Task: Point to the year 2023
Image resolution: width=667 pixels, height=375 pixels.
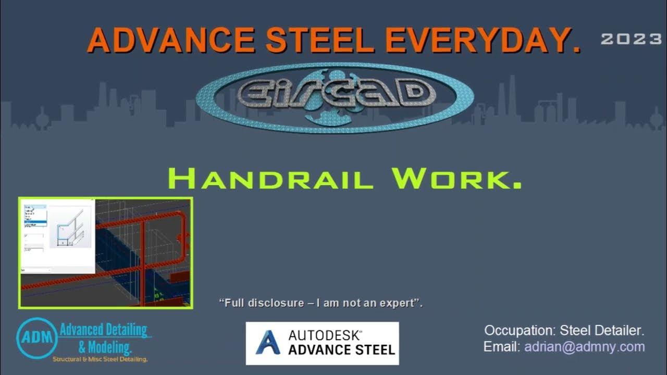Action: (631, 39)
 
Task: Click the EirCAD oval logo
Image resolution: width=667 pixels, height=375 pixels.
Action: (335, 97)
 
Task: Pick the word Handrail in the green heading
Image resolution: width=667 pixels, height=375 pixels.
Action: (271, 179)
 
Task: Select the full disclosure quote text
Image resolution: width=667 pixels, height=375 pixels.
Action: (321, 303)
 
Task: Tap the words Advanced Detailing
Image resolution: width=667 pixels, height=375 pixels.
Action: (103, 330)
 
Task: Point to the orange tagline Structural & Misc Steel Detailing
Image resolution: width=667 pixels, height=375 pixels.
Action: (100, 359)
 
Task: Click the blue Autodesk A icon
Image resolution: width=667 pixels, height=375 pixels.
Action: (268, 342)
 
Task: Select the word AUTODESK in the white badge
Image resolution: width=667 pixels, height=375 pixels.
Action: (325, 335)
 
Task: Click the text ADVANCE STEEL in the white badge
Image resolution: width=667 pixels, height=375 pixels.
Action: (342, 349)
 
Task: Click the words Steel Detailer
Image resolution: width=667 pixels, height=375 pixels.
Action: (602, 331)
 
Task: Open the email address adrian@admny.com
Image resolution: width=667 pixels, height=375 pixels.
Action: (585, 347)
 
